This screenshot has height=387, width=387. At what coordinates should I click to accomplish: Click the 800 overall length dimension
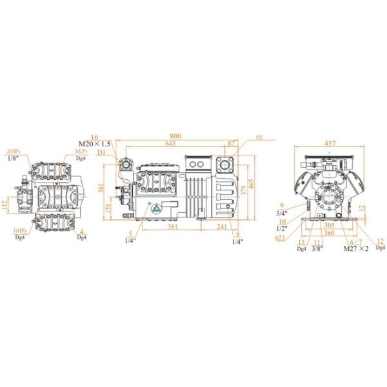[175, 136]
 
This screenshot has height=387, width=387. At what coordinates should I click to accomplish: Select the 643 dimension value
[170, 144]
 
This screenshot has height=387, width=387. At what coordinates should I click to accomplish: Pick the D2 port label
[259, 137]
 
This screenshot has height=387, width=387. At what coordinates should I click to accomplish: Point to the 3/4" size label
[281, 212]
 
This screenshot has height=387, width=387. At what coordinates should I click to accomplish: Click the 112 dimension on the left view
[5, 205]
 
